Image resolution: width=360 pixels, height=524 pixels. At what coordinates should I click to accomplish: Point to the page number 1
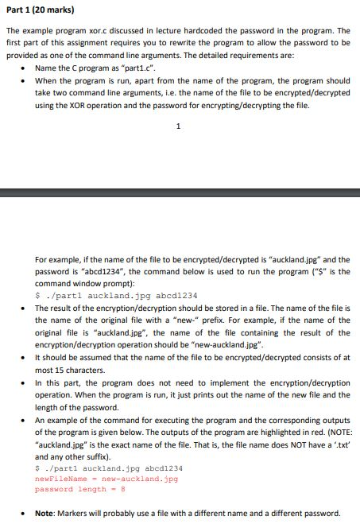point(179,126)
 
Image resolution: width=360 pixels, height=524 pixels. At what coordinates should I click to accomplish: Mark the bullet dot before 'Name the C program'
point(28,69)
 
